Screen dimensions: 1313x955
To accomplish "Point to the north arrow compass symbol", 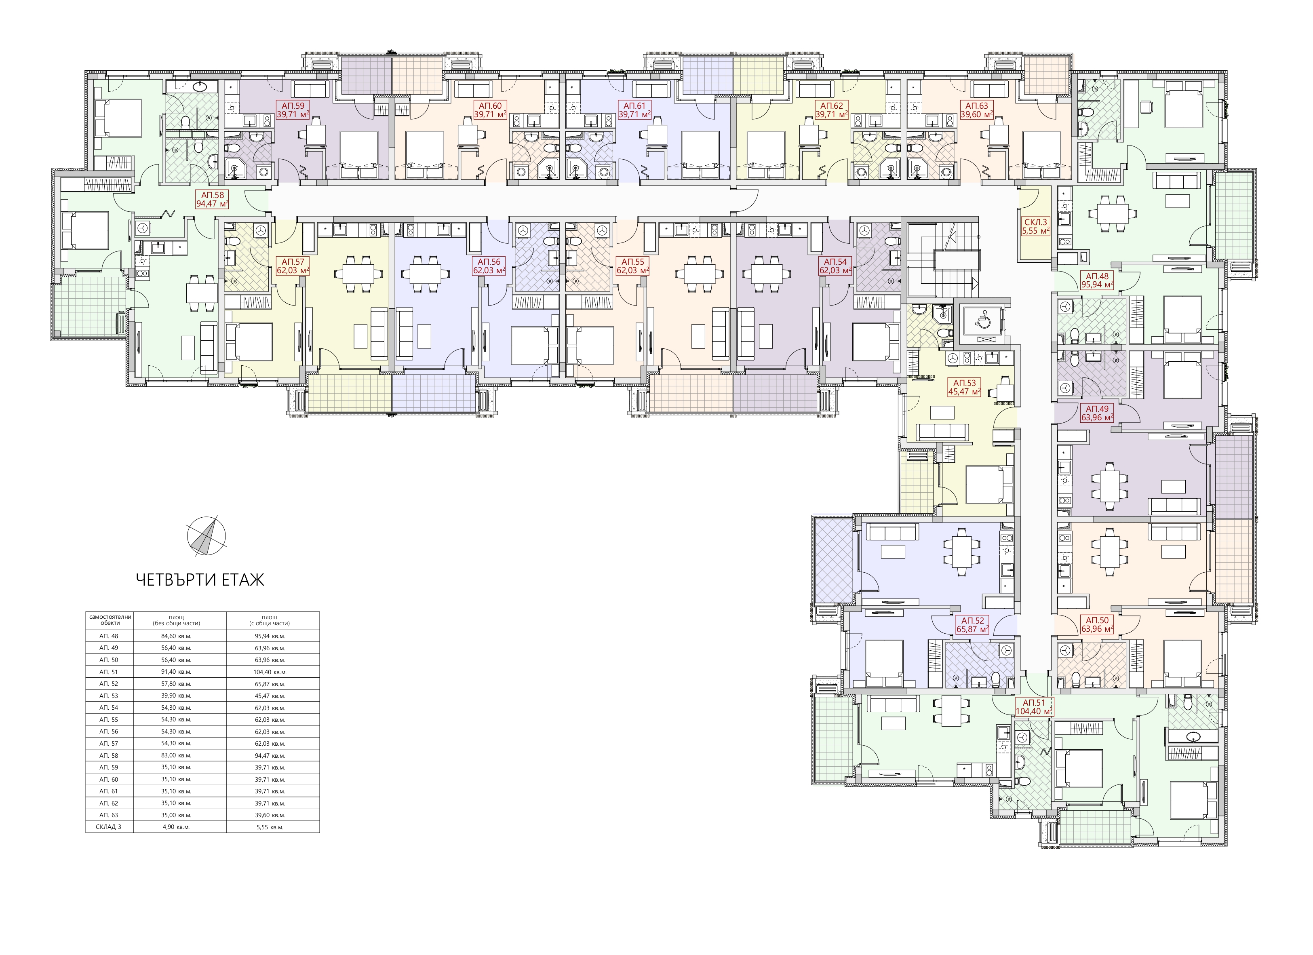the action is (207, 536).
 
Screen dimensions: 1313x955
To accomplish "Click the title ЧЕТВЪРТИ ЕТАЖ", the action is (200, 580).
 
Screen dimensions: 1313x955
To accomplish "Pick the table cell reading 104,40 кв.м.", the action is (273, 672).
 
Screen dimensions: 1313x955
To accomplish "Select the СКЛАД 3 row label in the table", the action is (110, 827).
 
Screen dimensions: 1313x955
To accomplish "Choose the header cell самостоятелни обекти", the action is (110, 620).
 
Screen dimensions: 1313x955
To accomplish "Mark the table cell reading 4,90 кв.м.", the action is (179, 827).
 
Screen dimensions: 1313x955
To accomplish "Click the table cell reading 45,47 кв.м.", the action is (273, 696).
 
